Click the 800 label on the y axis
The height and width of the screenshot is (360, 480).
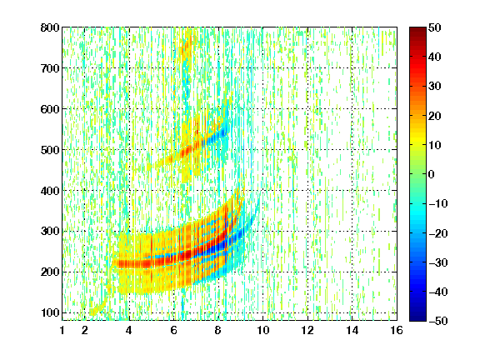tap(50, 27)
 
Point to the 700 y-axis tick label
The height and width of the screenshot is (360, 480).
tap(50, 68)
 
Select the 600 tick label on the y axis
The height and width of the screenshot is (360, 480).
tap(50, 109)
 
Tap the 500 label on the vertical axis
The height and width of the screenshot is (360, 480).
tap(50, 150)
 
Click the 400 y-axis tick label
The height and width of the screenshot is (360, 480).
tap(50, 191)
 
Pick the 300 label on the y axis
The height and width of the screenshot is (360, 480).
tap(50, 232)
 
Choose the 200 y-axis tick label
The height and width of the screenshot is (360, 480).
tap(50, 272)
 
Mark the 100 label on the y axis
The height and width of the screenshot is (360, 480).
tap(50, 312)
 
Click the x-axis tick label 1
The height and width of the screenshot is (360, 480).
tap(62, 330)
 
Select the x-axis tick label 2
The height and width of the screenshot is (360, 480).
tap(85, 330)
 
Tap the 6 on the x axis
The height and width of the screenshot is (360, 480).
tap(174, 330)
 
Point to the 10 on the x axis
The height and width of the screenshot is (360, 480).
tap(263, 330)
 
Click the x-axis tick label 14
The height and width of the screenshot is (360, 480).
tap(352, 330)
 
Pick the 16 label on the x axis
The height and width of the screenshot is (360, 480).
tap(397, 330)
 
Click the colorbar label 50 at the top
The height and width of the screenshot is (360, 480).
tap(435, 27)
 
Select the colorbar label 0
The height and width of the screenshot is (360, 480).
tap(432, 174)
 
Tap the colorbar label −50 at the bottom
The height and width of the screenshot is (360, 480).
tap(438, 321)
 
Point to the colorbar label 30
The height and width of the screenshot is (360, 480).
tap(435, 87)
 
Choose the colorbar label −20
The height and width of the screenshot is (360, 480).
tap(438, 233)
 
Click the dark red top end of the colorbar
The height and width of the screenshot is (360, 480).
tap(417, 29)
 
